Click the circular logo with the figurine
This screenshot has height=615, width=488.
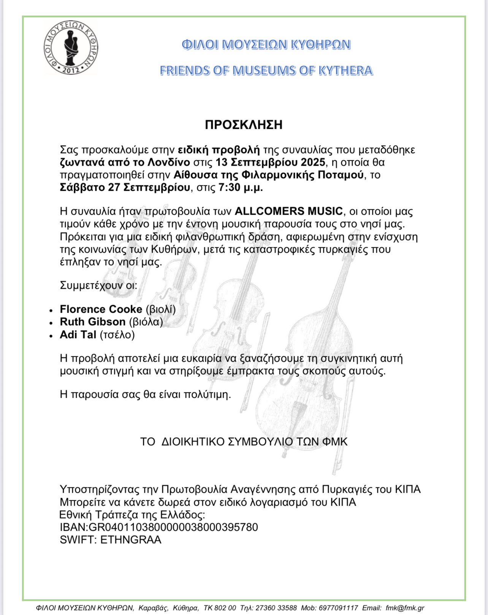71,47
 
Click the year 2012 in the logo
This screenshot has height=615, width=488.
71,70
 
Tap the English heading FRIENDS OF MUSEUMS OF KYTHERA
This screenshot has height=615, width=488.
266,71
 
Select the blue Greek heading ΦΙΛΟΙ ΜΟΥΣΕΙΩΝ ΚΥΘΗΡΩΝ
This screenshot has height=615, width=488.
266,45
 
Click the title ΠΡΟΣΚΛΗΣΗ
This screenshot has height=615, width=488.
244,125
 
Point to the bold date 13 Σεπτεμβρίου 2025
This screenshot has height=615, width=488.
270,163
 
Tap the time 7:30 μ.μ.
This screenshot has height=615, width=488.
241,188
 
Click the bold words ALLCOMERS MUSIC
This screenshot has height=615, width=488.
289,211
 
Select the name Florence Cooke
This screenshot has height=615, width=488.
101,309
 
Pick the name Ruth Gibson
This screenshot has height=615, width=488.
93,322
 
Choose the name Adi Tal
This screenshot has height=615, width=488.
78,335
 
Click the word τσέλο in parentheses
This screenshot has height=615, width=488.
117,335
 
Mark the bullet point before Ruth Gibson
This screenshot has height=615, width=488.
51,323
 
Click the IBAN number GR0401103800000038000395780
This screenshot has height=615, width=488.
173,527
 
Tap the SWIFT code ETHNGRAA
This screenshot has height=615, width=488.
131,540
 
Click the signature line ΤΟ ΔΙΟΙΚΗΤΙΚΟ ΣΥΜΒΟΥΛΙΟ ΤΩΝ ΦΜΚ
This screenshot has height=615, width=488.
244,441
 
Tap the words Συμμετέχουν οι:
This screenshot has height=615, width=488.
98,285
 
